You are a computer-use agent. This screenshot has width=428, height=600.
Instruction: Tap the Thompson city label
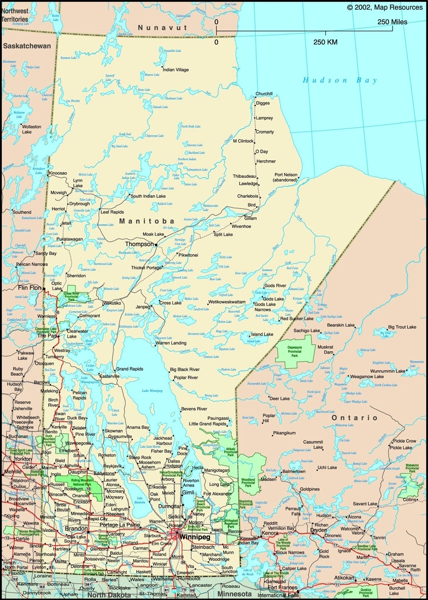tap(139, 244)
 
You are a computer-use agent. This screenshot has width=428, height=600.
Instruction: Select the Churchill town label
tap(264, 94)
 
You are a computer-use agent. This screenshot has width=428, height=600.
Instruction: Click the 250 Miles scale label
tap(391, 22)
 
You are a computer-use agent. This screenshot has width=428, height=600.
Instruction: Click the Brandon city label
tap(76, 529)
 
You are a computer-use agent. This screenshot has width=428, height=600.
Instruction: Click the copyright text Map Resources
tap(386, 7)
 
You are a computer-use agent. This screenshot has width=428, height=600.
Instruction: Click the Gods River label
tap(274, 285)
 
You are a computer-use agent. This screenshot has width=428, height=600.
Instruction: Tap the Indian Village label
tap(175, 70)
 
